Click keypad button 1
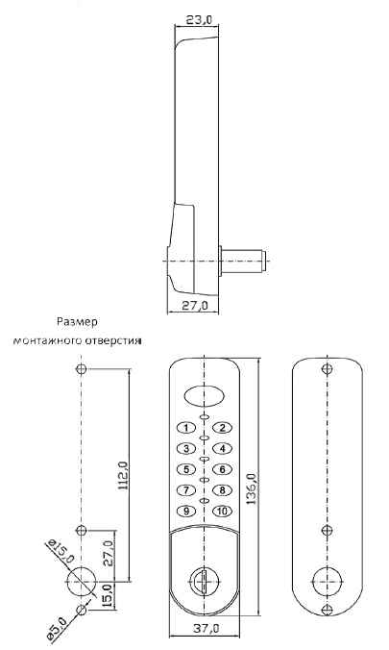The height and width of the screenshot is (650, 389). (x=186, y=428)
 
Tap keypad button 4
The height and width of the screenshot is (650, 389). (x=223, y=448)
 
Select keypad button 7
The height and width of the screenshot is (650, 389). (x=186, y=490)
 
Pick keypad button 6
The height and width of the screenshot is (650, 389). (x=223, y=469)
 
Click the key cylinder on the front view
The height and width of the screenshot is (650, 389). (x=204, y=581)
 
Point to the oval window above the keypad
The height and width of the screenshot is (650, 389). (x=204, y=395)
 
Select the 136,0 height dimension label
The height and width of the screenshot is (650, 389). (x=252, y=488)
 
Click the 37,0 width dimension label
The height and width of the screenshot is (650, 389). (x=206, y=629)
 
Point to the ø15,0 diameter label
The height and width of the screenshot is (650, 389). (x=61, y=551)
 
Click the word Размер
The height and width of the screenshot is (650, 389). (x=77, y=322)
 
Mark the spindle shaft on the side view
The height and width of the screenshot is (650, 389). (x=242, y=262)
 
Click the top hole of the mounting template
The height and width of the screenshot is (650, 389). (x=82, y=368)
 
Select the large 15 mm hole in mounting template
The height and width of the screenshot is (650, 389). (x=82, y=582)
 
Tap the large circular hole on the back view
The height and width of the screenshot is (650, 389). (x=328, y=582)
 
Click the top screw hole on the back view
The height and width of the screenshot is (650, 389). (x=328, y=368)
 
